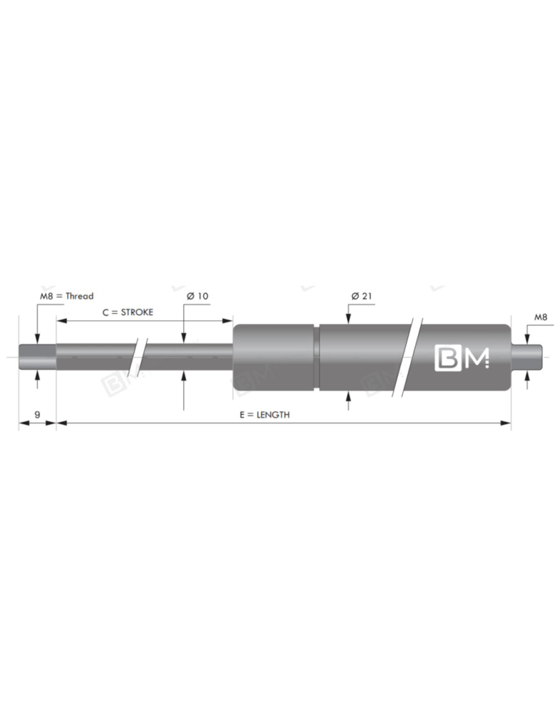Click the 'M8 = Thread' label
point(67,296)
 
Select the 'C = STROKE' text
point(128,312)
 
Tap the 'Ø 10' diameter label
point(198,296)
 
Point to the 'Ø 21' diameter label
point(361,296)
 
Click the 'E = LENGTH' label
point(265,414)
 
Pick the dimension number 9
point(37,414)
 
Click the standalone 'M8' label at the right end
point(540,317)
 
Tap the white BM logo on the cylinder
point(462,357)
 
